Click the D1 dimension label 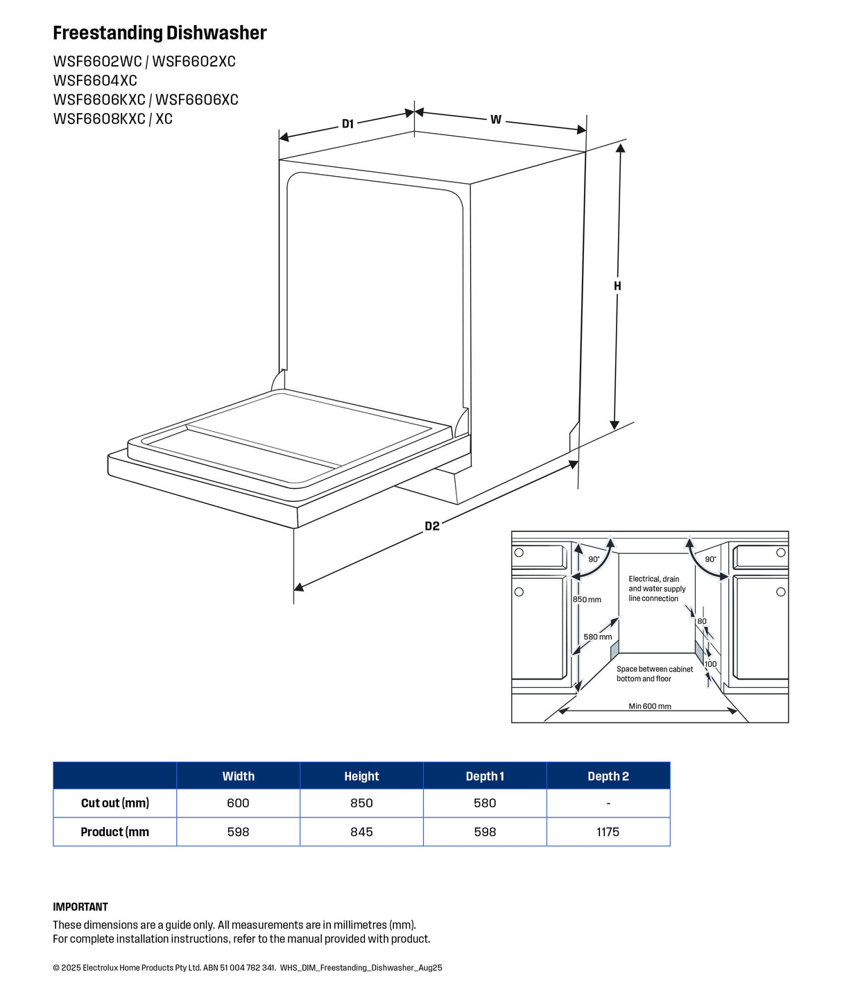pos(347,124)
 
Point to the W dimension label pos(496,120)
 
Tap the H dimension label pos(617,286)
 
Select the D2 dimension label pos(431,526)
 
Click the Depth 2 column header pos(608,777)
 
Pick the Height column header pos(361,777)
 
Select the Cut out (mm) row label pos(115,803)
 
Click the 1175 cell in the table pos(608,832)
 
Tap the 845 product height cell pos(361,832)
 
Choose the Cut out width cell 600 pos(239,803)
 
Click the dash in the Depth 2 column pos(608,804)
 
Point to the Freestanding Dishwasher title pos(160,33)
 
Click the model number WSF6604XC pos(95,80)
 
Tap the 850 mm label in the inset pos(587,600)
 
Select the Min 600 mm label pos(649,706)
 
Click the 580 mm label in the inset pos(597,637)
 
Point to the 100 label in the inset pos(711,664)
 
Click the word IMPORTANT pos(80,907)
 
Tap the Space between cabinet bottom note pos(654,674)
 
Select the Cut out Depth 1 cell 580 pos(485,803)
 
